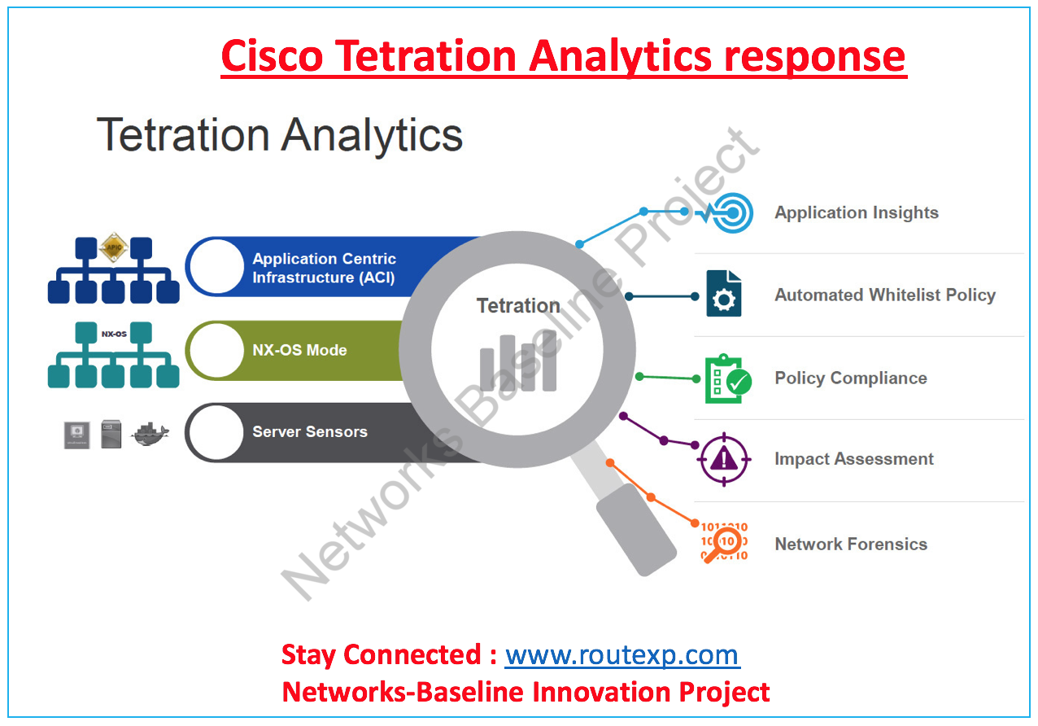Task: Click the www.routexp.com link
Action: (x=622, y=656)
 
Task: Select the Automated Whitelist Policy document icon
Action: (x=724, y=294)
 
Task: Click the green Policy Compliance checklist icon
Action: (x=728, y=378)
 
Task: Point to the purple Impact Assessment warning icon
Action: (x=724, y=459)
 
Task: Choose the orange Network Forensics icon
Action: (x=724, y=542)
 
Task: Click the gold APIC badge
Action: (x=114, y=247)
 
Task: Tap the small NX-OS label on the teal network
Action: (x=114, y=334)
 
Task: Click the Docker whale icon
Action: (x=150, y=434)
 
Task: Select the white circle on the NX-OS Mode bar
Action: (x=216, y=350)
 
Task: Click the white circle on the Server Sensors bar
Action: (x=216, y=432)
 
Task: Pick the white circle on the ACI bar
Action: (x=216, y=267)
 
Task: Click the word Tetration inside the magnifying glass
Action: (x=518, y=305)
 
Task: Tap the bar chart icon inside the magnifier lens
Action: (x=518, y=361)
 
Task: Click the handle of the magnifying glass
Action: (x=635, y=529)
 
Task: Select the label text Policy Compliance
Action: (x=851, y=378)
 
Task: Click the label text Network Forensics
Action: (x=851, y=544)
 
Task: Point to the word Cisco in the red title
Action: (x=272, y=56)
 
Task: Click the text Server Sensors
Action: (x=310, y=432)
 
